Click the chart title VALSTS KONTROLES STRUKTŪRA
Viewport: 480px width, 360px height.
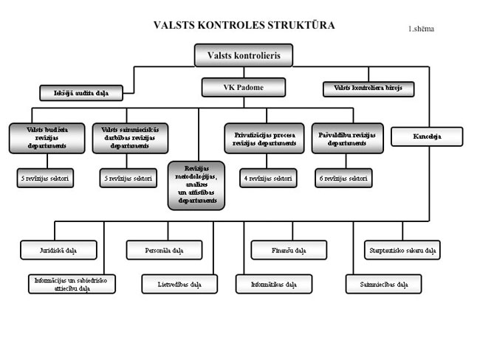[244, 25]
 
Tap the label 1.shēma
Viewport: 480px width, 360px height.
[421, 30]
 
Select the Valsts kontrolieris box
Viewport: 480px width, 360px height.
[243, 55]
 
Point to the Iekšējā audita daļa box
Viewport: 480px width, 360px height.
[80, 93]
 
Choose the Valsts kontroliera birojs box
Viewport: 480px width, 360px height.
[368, 88]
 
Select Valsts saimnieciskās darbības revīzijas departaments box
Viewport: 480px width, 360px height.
[131, 138]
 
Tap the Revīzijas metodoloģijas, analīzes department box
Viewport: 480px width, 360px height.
[196, 184]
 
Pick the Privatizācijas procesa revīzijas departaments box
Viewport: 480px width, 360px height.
[264, 138]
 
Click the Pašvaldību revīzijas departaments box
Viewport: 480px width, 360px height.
[347, 138]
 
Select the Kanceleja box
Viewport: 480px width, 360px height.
[426, 136]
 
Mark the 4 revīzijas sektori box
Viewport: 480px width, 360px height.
[267, 178]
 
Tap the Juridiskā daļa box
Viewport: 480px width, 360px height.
[58, 251]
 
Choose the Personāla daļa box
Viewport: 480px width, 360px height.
[164, 251]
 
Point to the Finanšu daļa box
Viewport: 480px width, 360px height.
[288, 251]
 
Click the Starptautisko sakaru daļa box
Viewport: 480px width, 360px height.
[402, 251]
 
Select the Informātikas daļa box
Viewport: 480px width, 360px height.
[274, 284]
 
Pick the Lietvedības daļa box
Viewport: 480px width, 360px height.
[179, 284]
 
